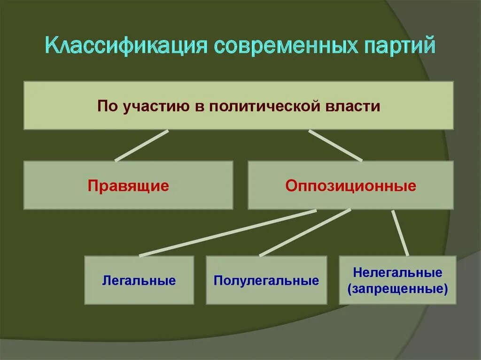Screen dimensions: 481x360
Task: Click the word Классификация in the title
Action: click(x=126, y=48)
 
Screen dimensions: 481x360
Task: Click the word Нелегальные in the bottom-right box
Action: click(x=397, y=272)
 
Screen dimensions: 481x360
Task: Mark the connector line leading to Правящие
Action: click(x=141, y=146)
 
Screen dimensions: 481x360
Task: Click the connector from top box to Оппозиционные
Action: click(x=335, y=146)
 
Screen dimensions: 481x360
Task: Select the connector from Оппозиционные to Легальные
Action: click(x=228, y=233)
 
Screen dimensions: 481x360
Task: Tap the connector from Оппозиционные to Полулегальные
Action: click(x=305, y=233)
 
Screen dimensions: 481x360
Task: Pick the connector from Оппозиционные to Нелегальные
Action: click(x=400, y=233)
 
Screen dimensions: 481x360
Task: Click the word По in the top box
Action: click(x=108, y=106)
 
